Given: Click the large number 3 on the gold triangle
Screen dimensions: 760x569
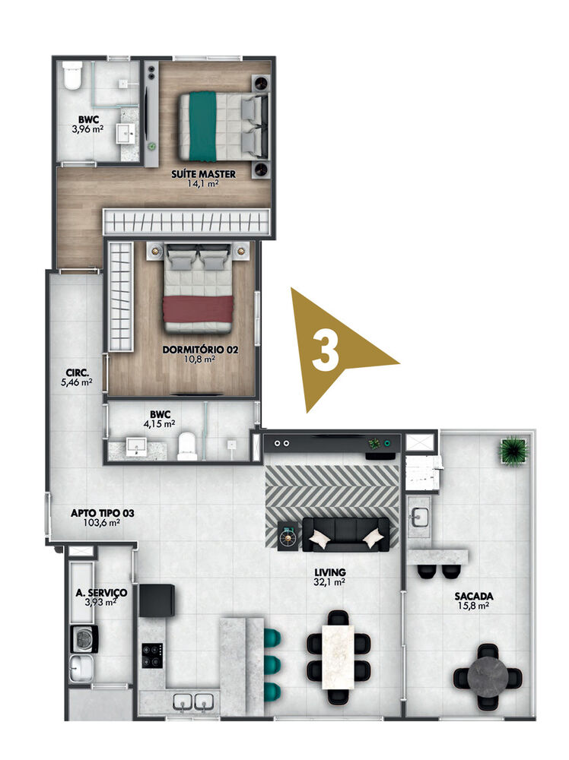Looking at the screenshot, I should point(326,350).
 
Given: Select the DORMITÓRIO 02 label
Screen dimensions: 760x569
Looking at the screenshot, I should point(201,350).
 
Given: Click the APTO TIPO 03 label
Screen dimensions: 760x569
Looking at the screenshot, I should point(103,513).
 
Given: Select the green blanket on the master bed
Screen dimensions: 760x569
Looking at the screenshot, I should point(202,126).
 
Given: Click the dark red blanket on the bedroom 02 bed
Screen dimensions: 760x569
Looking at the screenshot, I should point(198,309).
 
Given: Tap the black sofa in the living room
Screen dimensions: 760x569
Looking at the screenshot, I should point(345,534).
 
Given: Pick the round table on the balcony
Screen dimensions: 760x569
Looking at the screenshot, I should point(488,676).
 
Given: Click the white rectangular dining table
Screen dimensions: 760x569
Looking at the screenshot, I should point(338,656).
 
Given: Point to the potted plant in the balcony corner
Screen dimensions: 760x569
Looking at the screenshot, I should point(513,451).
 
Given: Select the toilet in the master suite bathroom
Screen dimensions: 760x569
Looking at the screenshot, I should point(73,78).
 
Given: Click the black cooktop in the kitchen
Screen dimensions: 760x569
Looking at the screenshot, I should point(152,654).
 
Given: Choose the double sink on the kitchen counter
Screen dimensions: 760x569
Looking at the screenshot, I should point(192,701).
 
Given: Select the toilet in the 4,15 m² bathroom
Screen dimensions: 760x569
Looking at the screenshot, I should point(187,447).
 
